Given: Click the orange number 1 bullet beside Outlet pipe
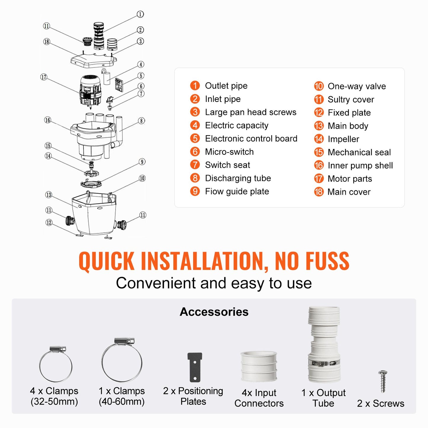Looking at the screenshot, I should point(195,86).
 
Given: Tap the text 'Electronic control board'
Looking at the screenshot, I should point(251,139).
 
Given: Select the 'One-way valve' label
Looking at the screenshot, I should point(357,86).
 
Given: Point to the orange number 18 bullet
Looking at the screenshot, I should point(319,192).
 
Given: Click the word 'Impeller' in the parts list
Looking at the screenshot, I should point(343,139).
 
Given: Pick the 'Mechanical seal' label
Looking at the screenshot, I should point(359,152).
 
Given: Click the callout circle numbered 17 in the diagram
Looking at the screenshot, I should point(44,77).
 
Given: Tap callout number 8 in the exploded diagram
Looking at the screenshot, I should point(142,121).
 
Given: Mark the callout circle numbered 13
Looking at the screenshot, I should point(48,195).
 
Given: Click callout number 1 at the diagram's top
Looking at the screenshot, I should point(140,14).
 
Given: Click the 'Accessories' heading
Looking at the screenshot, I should point(214,312).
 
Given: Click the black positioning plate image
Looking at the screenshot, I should point(195,367).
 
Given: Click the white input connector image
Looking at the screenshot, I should point(259,366).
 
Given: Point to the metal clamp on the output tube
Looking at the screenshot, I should point(324,363).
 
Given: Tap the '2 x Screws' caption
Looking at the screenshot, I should point(380,403).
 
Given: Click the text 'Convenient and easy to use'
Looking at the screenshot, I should point(214,283).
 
